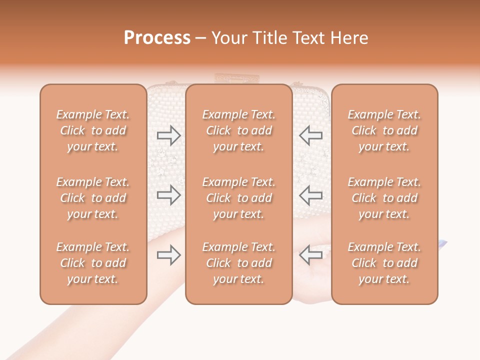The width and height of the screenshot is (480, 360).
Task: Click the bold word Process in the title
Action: point(157,38)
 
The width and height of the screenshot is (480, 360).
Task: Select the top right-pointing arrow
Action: point(168,135)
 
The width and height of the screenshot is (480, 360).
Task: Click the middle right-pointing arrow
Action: point(168,195)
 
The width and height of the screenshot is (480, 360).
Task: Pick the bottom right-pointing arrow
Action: point(168,255)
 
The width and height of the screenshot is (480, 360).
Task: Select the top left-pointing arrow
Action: point(311,135)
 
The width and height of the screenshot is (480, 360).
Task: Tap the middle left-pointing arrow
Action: point(311,195)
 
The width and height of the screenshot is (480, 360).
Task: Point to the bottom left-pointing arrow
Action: point(311,255)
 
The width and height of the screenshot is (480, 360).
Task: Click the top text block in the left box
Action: point(93,130)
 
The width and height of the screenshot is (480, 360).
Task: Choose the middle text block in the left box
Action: point(93,198)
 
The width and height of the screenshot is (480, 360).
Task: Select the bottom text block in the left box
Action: point(93,263)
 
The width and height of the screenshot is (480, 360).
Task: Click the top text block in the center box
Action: point(239,130)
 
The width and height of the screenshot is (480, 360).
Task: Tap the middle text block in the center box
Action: point(239,198)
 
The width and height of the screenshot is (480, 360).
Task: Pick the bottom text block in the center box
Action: point(239,263)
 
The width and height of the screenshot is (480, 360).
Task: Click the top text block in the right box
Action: point(384,130)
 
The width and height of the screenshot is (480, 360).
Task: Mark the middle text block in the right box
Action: point(384,198)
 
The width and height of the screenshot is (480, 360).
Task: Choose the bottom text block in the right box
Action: point(384,263)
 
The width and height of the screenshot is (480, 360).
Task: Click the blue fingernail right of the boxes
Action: point(442,243)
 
